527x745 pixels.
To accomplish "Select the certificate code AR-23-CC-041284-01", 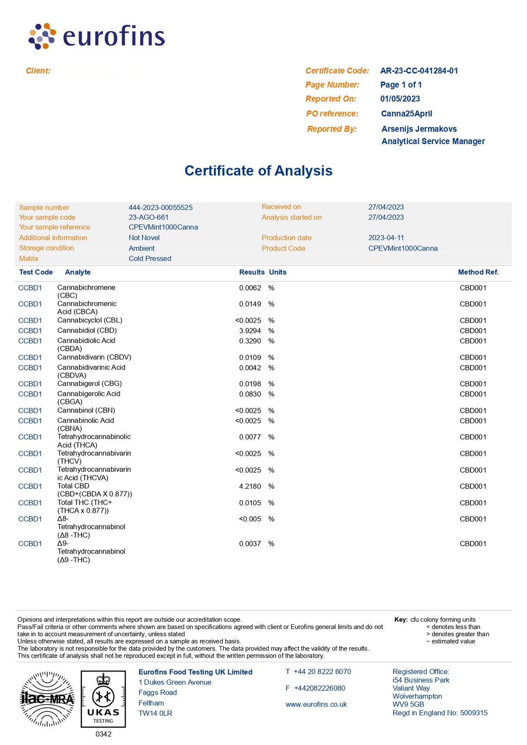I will point(419,71).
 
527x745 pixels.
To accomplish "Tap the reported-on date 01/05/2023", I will point(400,99).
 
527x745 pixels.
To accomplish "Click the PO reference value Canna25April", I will point(406,114).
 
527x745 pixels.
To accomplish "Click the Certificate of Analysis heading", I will point(258,171).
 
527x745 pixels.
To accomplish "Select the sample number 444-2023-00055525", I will point(161,208).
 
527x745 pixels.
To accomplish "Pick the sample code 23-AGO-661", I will point(148,218).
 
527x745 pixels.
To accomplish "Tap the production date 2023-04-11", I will point(386,238).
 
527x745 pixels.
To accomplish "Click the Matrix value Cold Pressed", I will point(150,259).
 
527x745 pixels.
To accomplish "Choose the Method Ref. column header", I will point(478,272).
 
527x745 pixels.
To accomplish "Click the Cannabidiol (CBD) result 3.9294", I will point(250,331).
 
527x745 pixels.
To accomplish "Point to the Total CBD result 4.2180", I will point(250,486).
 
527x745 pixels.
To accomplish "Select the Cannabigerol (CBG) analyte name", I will point(89,384).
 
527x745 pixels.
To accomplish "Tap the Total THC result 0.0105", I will point(250,503).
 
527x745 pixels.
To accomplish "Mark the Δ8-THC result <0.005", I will point(250,519).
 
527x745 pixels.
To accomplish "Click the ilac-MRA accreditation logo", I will point(47,699).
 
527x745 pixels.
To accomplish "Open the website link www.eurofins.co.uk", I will point(316,705).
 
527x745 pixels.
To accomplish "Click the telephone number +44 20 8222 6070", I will point(322,672).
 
